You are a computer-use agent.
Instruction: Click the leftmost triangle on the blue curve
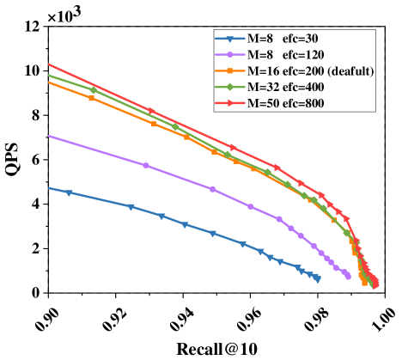[x=70, y=192]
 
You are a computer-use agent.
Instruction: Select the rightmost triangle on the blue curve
[x=318, y=278]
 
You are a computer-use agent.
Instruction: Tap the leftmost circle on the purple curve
[x=146, y=165]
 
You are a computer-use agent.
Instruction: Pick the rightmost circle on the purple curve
[x=347, y=276]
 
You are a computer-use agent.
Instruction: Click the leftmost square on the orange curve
[x=92, y=98]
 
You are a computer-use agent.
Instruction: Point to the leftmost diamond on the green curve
[x=94, y=89]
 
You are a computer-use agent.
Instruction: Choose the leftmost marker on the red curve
[x=150, y=111]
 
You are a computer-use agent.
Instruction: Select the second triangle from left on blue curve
[x=131, y=207]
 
